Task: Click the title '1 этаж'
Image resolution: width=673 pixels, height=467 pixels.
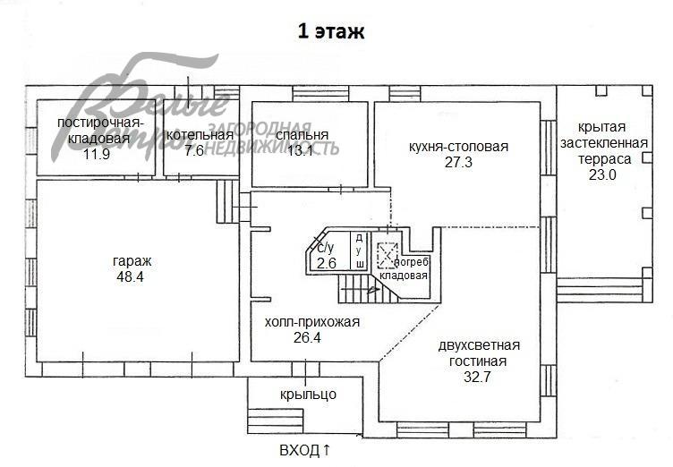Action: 331,32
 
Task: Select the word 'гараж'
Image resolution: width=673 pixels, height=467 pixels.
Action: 132,260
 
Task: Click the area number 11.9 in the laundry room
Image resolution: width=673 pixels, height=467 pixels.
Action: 96,154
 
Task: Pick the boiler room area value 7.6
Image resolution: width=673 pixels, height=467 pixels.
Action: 194,150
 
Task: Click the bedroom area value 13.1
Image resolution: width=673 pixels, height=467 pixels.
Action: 300,150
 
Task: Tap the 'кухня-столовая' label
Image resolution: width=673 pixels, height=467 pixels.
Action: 458,147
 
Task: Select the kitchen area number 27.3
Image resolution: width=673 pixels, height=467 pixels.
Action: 458,162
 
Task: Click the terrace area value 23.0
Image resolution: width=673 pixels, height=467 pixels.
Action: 601,174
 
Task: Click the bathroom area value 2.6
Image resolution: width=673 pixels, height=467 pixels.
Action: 326,262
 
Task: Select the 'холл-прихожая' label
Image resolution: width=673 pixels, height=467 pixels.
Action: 312,322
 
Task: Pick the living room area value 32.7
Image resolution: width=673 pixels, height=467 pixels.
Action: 479,377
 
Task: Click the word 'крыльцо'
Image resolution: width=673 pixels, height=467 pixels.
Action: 307,394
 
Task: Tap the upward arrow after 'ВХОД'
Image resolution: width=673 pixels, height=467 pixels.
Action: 328,450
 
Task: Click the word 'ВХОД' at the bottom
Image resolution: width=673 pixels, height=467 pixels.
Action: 299,450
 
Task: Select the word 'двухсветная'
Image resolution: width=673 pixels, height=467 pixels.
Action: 479,345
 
